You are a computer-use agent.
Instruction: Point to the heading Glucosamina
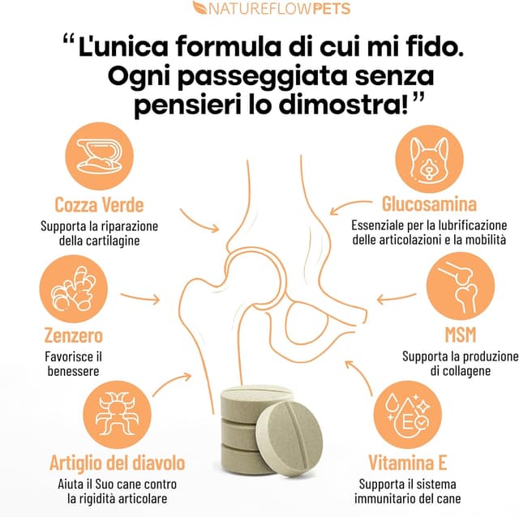click(x=429, y=203)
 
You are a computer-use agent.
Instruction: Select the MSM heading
click(x=460, y=335)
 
